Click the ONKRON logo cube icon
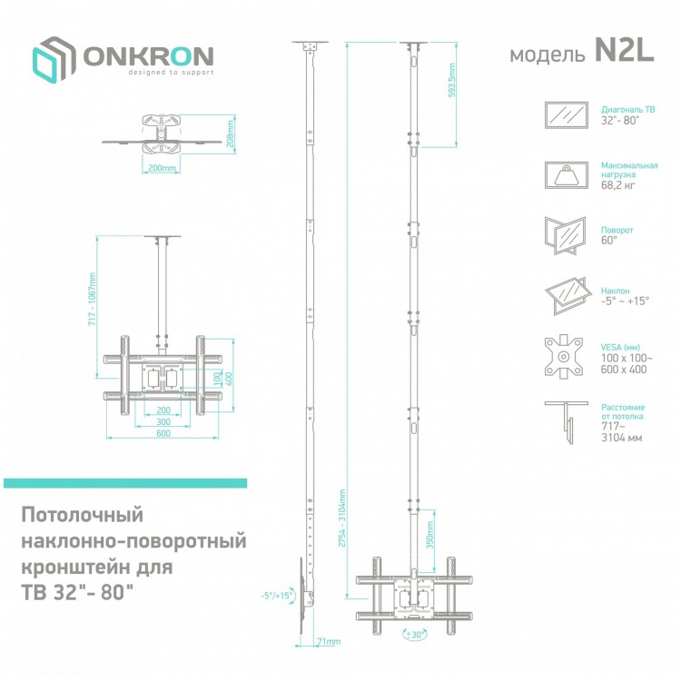click(x=53, y=60)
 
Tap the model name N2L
click(x=624, y=50)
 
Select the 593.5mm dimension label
click(x=451, y=80)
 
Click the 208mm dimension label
click(x=231, y=133)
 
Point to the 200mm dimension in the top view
click(x=162, y=168)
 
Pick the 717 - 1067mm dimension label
click(x=92, y=300)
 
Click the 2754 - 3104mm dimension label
click(x=342, y=518)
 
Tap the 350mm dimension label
click(x=430, y=535)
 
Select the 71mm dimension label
click(x=329, y=641)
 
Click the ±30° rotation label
click(x=415, y=635)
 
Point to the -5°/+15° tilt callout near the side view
click(x=277, y=596)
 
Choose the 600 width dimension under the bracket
click(x=163, y=433)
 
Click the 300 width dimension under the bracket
click(x=163, y=421)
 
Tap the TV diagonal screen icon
click(x=567, y=115)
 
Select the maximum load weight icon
click(x=567, y=175)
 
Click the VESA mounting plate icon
click(x=564, y=357)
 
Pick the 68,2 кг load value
click(x=618, y=185)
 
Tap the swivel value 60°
click(x=609, y=241)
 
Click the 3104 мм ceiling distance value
click(x=621, y=438)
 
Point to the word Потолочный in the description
click(x=82, y=515)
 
